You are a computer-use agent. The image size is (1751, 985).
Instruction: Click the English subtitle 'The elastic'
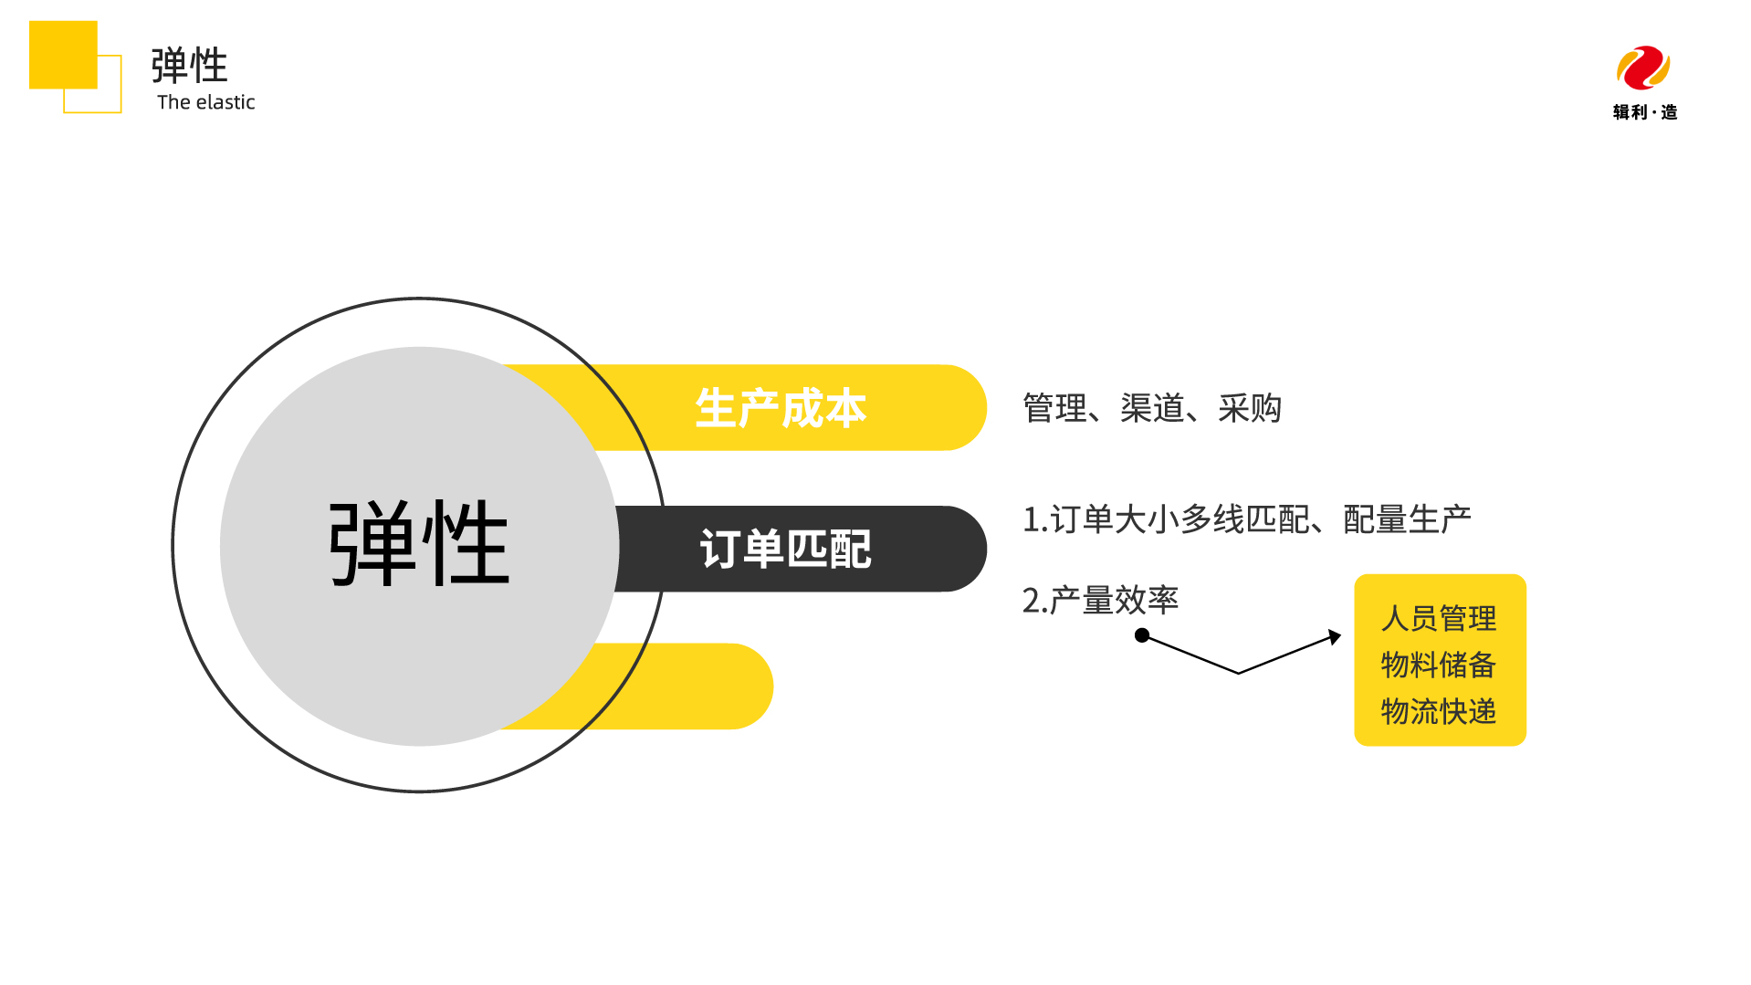coord(205,102)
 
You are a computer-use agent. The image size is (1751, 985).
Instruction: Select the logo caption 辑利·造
coord(1644,112)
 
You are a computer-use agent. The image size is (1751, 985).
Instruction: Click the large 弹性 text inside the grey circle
coord(418,544)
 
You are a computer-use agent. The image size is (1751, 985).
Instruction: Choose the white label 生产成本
coord(781,408)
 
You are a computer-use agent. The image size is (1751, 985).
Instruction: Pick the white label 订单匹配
coord(785,550)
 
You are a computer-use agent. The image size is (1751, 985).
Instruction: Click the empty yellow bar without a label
coord(694,686)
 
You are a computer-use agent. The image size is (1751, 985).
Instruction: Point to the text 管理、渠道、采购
coord(1152,408)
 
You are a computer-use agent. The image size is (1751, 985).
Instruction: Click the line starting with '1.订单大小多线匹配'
coord(1246,519)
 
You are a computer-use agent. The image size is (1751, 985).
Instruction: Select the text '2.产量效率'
coord(1100,601)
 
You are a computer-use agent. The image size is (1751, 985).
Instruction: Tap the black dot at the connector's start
coord(1141,635)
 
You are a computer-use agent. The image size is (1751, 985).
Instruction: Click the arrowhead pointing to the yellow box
coord(1336,636)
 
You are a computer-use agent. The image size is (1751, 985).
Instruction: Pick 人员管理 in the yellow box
coord(1439,619)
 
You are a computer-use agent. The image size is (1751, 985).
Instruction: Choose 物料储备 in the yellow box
coord(1439,665)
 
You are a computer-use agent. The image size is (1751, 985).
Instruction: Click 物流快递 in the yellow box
coord(1439,711)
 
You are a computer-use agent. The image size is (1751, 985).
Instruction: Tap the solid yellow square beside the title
coord(63,55)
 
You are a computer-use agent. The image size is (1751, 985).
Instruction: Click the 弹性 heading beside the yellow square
coord(190,66)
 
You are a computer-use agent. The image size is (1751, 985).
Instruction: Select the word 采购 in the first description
coord(1250,408)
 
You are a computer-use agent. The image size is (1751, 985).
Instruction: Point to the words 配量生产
coord(1407,519)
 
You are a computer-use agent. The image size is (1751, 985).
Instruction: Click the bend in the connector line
coord(1238,673)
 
